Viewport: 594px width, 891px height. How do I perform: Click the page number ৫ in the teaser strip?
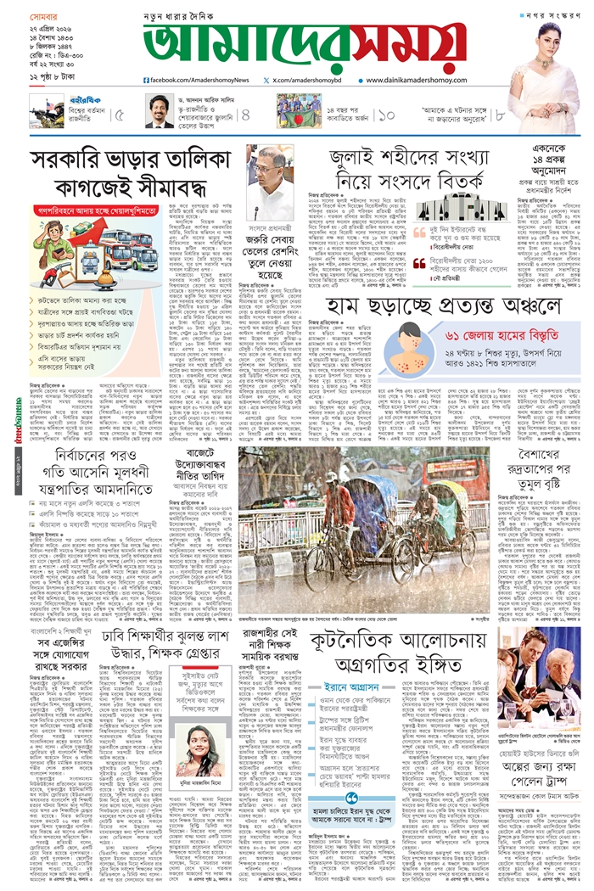pyautogui.click(x=119, y=113)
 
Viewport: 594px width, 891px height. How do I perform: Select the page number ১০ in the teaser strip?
pyautogui.click(x=386, y=113)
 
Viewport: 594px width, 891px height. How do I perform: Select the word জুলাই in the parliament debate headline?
pyautogui.click(x=358, y=159)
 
